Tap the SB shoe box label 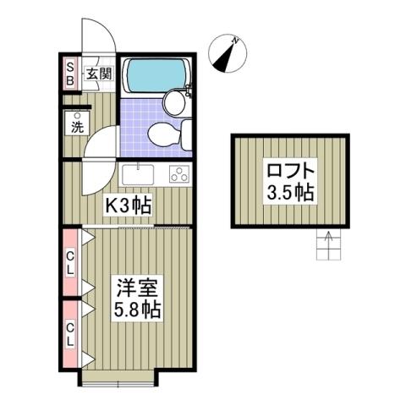pyautogui.click(x=70, y=74)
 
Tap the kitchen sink pyautogui.click(x=137, y=175)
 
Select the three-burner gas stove pyautogui.click(x=180, y=175)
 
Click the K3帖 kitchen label pyautogui.click(x=128, y=206)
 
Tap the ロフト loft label pyautogui.click(x=290, y=169)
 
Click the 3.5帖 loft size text pyautogui.click(x=290, y=192)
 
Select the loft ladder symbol pyautogui.click(x=326, y=245)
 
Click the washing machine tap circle pyautogui.click(x=77, y=115)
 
